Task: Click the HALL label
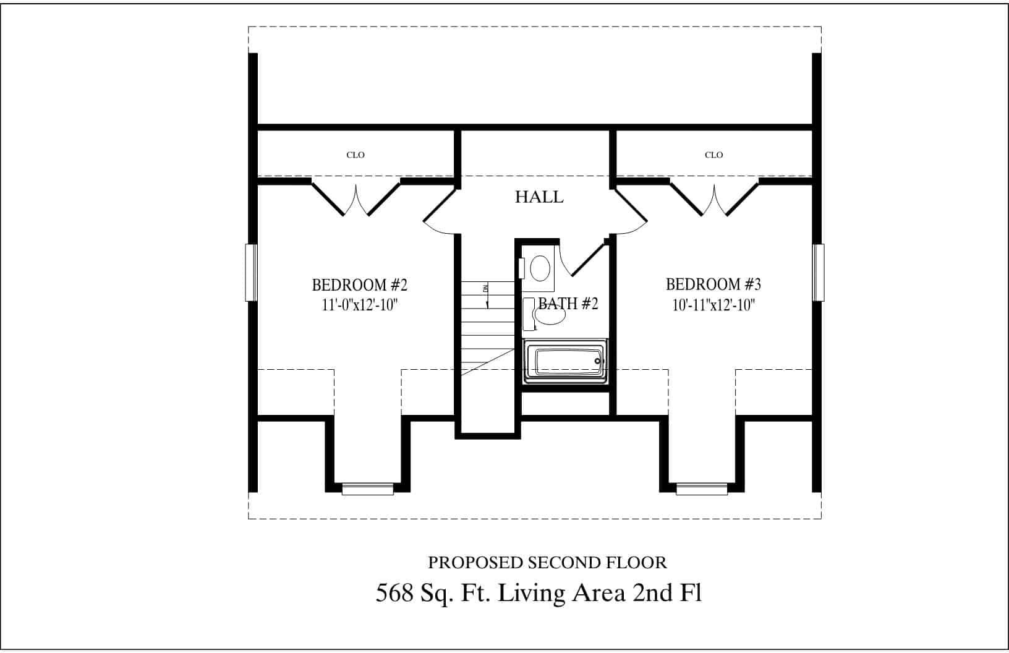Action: point(539,197)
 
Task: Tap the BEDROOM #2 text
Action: point(360,285)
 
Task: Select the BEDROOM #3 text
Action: point(713,284)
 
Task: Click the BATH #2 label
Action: point(568,304)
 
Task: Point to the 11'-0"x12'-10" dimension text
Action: point(359,305)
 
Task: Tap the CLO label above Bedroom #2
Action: point(355,155)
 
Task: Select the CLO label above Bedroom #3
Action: point(713,155)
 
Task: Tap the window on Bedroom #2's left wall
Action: point(251,273)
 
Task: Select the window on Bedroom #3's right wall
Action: point(819,273)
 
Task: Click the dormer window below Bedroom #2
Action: point(368,490)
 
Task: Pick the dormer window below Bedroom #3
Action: point(702,490)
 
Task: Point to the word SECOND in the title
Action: point(556,563)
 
